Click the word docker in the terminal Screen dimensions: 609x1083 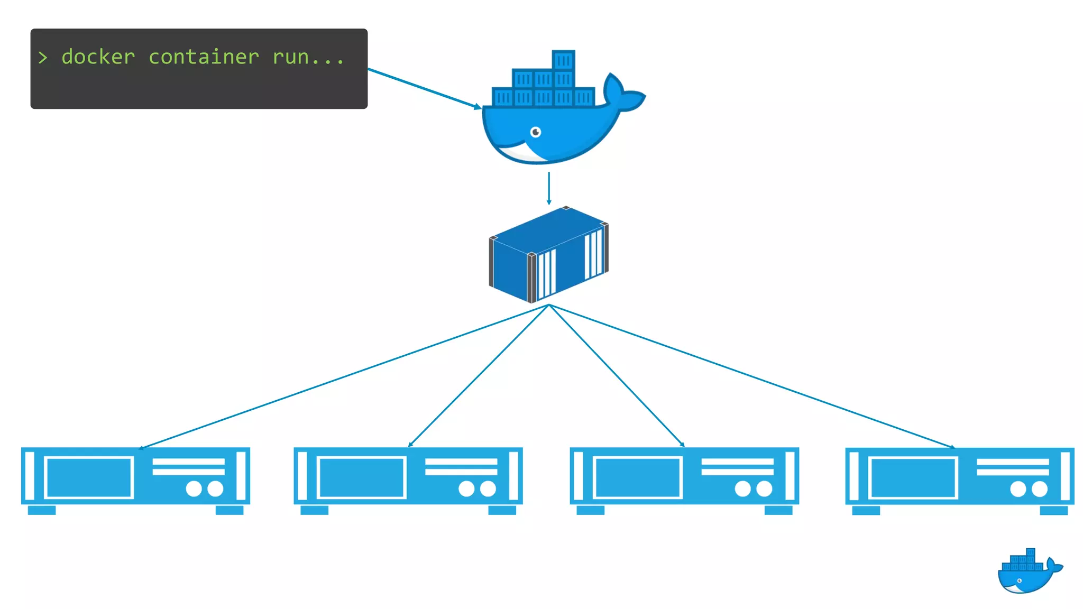(98, 57)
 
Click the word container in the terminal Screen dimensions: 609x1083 (204, 57)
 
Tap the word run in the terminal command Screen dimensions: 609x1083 (291, 57)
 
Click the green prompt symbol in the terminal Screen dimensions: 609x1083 (43, 57)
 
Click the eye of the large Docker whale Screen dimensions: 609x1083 (536, 132)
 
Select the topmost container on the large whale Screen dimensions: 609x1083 (563, 60)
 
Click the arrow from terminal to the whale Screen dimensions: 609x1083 (423, 88)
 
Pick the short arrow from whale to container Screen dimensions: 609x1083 (549, 188)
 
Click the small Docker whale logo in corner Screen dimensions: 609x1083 (1029, 573)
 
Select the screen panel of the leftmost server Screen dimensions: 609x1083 (89, 477)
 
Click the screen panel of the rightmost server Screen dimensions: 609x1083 (913, 478)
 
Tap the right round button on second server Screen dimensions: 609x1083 (488, 488)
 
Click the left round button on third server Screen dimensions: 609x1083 (742, 488)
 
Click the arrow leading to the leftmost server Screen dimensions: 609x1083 (344, 376)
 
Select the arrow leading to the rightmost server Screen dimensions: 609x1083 (751, 376)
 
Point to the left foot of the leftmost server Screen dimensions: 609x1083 (42, 510)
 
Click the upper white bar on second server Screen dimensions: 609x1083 (461, 462)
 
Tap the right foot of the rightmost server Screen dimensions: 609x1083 (1053, 510)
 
